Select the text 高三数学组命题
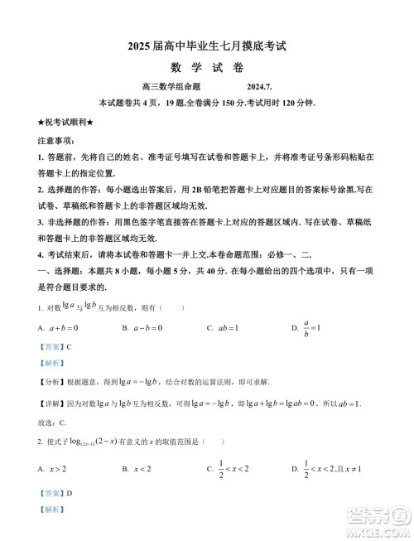(173, 87)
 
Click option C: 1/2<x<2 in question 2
(228, 470)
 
